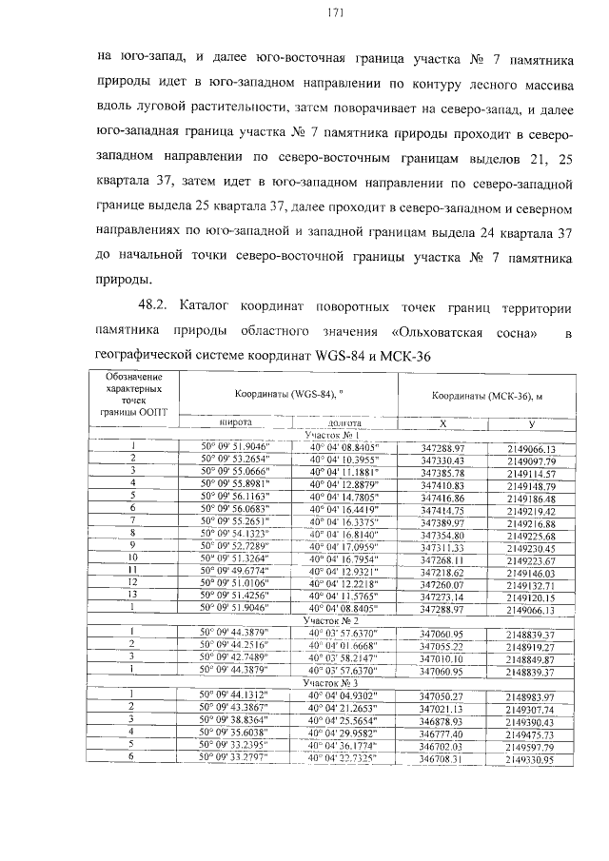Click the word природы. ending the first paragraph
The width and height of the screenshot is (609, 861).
[x=124, y=280]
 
